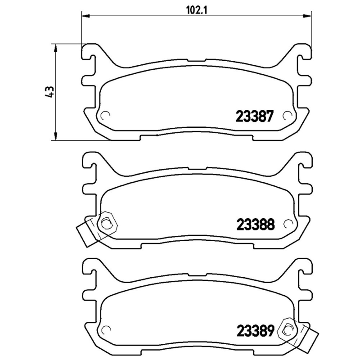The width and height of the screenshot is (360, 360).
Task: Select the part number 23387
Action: click(x=254, y=117)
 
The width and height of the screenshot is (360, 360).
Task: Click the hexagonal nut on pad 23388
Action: click(x=107, y=222)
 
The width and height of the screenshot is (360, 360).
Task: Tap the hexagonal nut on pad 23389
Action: click(x=286, y=329)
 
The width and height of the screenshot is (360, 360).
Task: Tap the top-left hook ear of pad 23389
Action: click(x=90, y=265)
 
